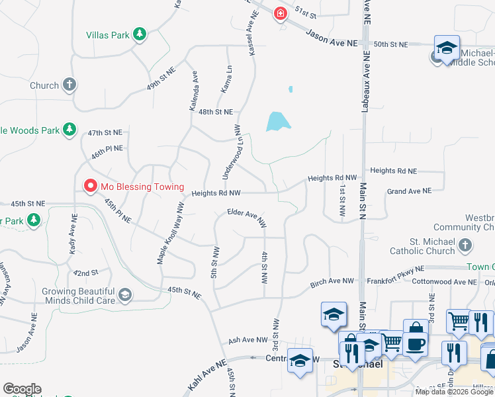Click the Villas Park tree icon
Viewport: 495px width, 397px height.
click(139, 34)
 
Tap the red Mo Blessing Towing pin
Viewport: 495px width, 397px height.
click(91, 187)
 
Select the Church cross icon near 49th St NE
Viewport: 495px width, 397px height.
click(69, 85)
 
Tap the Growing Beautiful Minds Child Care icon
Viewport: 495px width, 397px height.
click(124, 294)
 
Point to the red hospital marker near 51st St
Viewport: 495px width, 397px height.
click(281, 13)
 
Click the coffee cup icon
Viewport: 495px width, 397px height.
click(416, 344)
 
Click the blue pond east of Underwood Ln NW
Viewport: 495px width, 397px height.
click(278, 122)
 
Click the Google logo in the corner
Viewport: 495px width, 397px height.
click(22, 389)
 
